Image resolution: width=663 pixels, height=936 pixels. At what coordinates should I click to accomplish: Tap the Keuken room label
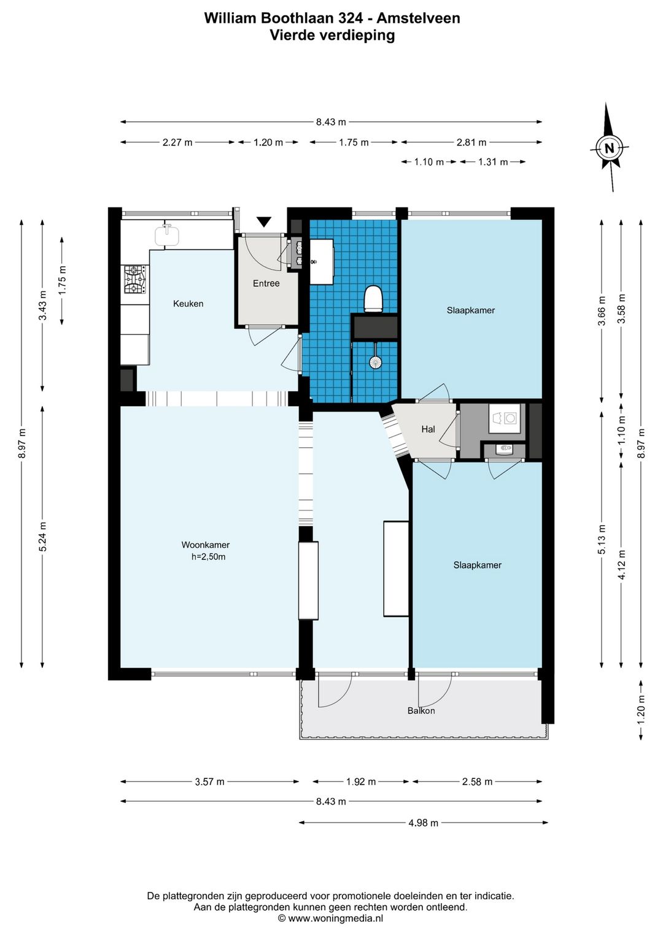[188, 304]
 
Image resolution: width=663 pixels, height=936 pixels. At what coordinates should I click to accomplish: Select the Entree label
[266, 283]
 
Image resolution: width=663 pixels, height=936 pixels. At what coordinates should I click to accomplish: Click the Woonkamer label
[206, 545]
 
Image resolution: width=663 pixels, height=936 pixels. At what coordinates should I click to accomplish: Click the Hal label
[428, 429]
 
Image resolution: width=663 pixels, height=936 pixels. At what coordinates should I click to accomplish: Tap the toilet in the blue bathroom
[373, 299]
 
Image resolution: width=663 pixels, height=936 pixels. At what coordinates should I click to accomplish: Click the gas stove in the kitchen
[134, 279]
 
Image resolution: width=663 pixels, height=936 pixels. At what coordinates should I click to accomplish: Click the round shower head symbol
[376, 362]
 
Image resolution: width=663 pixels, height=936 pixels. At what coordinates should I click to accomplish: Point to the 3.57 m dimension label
[209, 781]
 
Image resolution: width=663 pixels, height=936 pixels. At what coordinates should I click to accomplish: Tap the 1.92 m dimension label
[360, 781]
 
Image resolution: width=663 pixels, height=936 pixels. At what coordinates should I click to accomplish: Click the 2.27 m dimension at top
[177, 142]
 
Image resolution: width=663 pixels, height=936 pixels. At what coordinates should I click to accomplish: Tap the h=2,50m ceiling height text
[208, 556]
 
